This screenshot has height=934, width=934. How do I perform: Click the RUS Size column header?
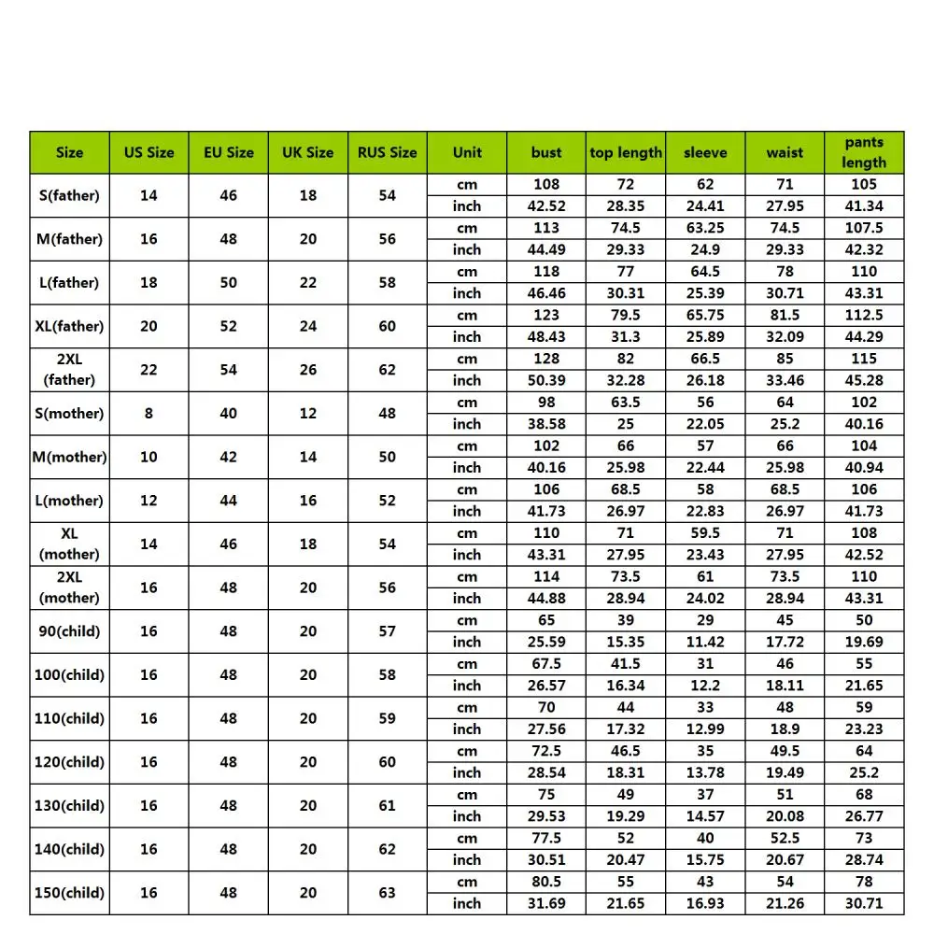[388, 152]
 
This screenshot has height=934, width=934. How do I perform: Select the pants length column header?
[864, 152]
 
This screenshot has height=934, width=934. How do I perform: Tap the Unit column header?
[467, 152]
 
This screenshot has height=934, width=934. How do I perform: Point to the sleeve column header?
[705, 152]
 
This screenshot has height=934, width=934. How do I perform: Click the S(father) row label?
[69, 195]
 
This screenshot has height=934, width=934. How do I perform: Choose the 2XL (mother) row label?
[69, 587]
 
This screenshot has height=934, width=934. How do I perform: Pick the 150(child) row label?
[69, 893]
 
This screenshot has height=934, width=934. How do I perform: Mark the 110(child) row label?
[69, 718]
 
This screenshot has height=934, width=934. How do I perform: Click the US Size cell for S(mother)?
[149, 413]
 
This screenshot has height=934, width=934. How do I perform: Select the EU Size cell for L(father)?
[229, 282]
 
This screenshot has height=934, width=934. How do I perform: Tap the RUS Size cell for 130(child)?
[388, 805]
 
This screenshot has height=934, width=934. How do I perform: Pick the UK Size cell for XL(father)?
[308, 326]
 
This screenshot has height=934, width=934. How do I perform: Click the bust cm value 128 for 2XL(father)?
[546, 359]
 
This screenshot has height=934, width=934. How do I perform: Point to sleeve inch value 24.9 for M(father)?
[705, 249]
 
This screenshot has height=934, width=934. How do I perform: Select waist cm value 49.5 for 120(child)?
[785, 751]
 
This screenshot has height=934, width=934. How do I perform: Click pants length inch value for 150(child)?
[864, 903]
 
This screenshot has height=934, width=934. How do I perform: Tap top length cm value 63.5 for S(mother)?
[626, 403]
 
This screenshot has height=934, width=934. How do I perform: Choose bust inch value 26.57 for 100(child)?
[546, 686]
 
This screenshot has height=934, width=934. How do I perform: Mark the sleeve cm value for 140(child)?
[705, 838]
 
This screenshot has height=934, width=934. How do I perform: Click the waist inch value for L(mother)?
[785, 511]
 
